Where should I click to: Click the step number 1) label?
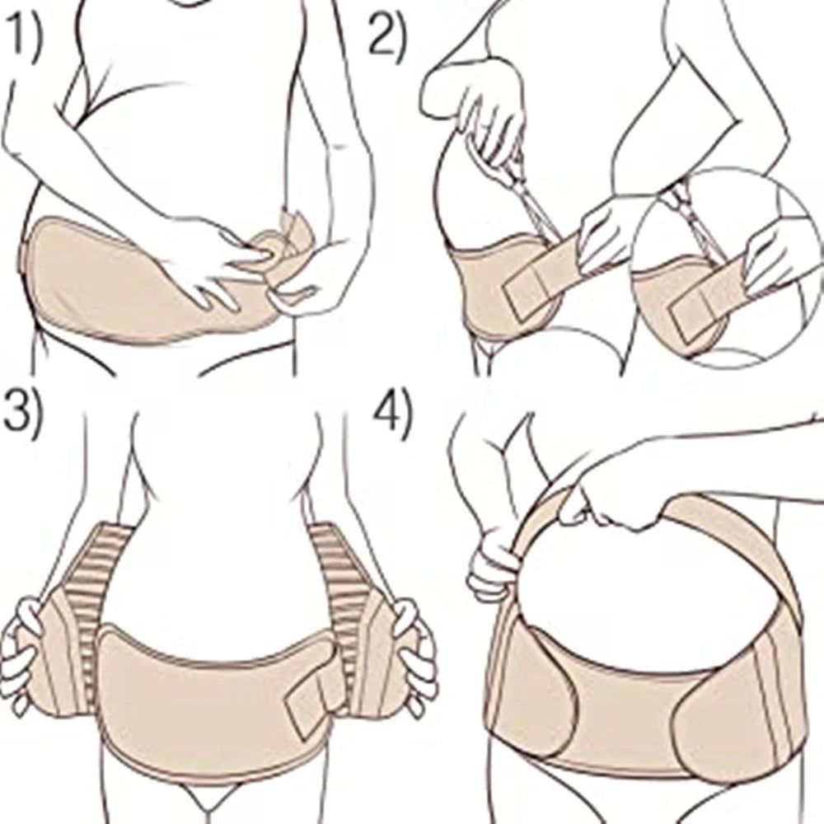pyautogui.click(x=24, y=42)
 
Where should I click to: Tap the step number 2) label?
pyautogui.click(x=386, y=37)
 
